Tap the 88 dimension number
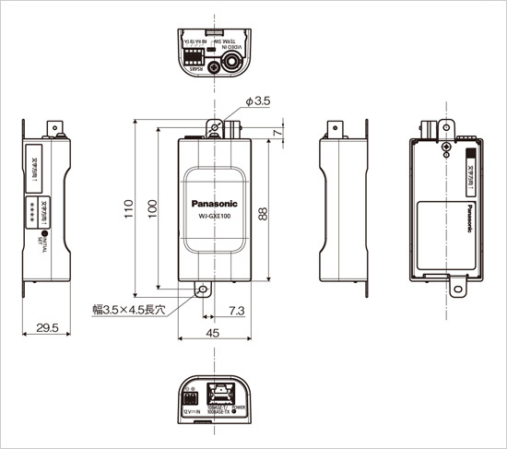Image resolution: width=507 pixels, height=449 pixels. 264,213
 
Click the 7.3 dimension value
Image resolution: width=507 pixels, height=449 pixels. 235,313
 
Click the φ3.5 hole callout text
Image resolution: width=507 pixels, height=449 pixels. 257,101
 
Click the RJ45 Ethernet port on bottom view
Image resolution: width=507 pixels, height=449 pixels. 224,392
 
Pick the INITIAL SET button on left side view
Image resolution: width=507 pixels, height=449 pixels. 55,238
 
